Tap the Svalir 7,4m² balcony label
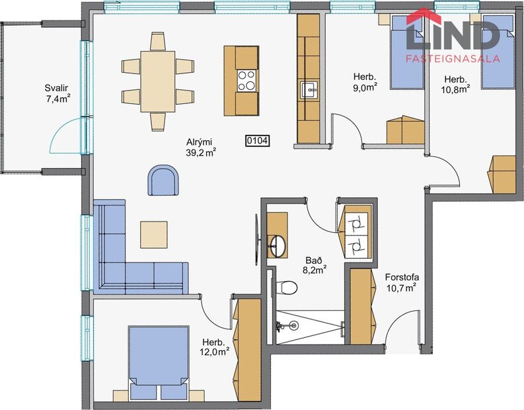coord(57,93)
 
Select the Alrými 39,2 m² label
coord(202,146)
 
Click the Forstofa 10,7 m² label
coord(401,282)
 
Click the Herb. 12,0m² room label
coord(216,347)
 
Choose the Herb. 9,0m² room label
coord(364,81)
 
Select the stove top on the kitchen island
coord(247,80)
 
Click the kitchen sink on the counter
coord(309,89)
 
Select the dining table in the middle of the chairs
coord(158,80)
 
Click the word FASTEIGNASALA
coord(452,58)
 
